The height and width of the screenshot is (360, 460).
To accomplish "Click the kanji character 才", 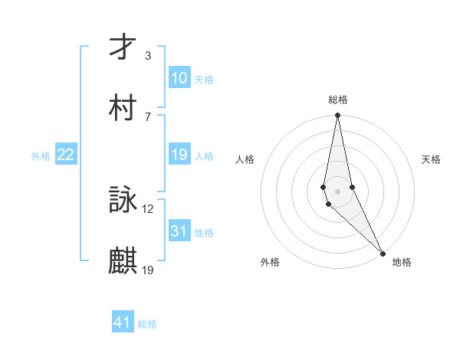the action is (x=123, y=47).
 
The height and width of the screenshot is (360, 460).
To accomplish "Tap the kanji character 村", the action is (x=123, y=108).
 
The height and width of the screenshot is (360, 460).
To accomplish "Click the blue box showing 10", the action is (x=179, y=78).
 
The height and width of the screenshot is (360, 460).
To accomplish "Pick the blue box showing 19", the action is (x=179, y=155).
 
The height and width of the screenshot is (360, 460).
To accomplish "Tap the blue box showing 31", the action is (x=179, y=231).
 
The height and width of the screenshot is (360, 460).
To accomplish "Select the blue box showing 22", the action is (x=66, y=155).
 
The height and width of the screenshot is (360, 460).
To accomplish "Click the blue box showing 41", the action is (x=123, y=322).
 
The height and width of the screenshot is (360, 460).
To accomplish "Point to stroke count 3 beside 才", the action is (x=148, y=56).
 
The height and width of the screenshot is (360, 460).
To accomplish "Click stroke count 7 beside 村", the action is (x=148, y=116).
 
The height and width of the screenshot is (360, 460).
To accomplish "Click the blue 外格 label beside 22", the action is (x=41, y=156).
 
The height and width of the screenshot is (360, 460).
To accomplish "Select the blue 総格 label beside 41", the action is (x=147, y=324).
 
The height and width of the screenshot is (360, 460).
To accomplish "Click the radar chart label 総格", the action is (x=338, y=100).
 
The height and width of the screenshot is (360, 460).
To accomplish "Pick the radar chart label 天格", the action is (x=431, y=159).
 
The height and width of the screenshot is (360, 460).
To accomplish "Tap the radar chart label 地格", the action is (x=402, y=262).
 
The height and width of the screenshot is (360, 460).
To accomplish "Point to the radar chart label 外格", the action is (x=270, y=262).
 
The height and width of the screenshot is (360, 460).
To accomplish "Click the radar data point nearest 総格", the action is (x=338, y=116).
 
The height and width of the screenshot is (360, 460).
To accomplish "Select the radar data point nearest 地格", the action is (x=383, y=252).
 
